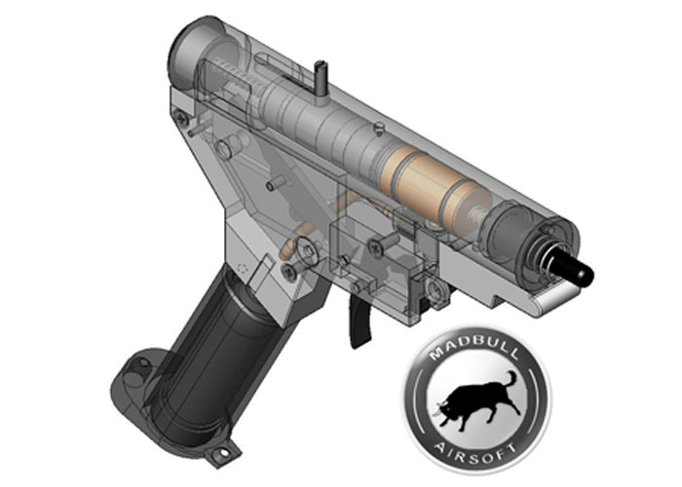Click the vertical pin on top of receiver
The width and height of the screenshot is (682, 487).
click(320, 78)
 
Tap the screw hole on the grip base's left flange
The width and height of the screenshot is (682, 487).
click(135, 366)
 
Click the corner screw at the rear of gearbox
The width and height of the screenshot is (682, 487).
click(179, 116)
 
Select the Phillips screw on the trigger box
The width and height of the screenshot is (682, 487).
click(375, 247)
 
